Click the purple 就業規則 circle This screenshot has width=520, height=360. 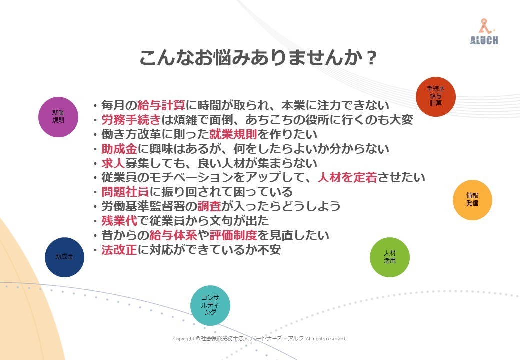tap(58, 117)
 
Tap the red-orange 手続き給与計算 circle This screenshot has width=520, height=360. tap(436, 97)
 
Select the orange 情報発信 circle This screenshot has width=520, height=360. tap(472, 200)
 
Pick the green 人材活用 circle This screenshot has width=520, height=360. tap(389, 257)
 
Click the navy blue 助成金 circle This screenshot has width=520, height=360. tap(64, 257)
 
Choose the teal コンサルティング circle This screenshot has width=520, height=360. tap(210, 305)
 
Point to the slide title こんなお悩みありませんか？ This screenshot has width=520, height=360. tap(258, 57)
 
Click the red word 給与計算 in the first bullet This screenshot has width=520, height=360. tap(161, 105)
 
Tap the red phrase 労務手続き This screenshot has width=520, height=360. tap(131, 119)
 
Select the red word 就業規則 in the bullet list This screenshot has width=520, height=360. tap(233, 134)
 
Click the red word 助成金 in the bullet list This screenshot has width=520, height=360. tap(119, 149)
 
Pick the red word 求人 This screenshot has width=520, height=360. tap(113, 163)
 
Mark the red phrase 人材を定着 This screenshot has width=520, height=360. tap(347, 177)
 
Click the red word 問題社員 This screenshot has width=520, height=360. tap(125, 192)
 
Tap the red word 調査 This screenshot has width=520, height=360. tap(209, 206)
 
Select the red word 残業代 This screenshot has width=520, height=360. tap(119, 221)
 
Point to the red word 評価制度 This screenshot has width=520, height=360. tap(233, 235)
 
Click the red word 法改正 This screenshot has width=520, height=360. tap(119, 249)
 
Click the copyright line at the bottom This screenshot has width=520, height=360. tap(260, 339)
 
